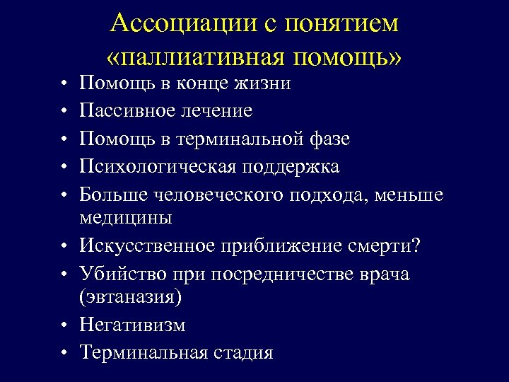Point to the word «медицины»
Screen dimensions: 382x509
pos(126,217)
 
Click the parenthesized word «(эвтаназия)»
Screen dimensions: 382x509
pos(131,297)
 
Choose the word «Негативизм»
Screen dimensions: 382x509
pos(133,325)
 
